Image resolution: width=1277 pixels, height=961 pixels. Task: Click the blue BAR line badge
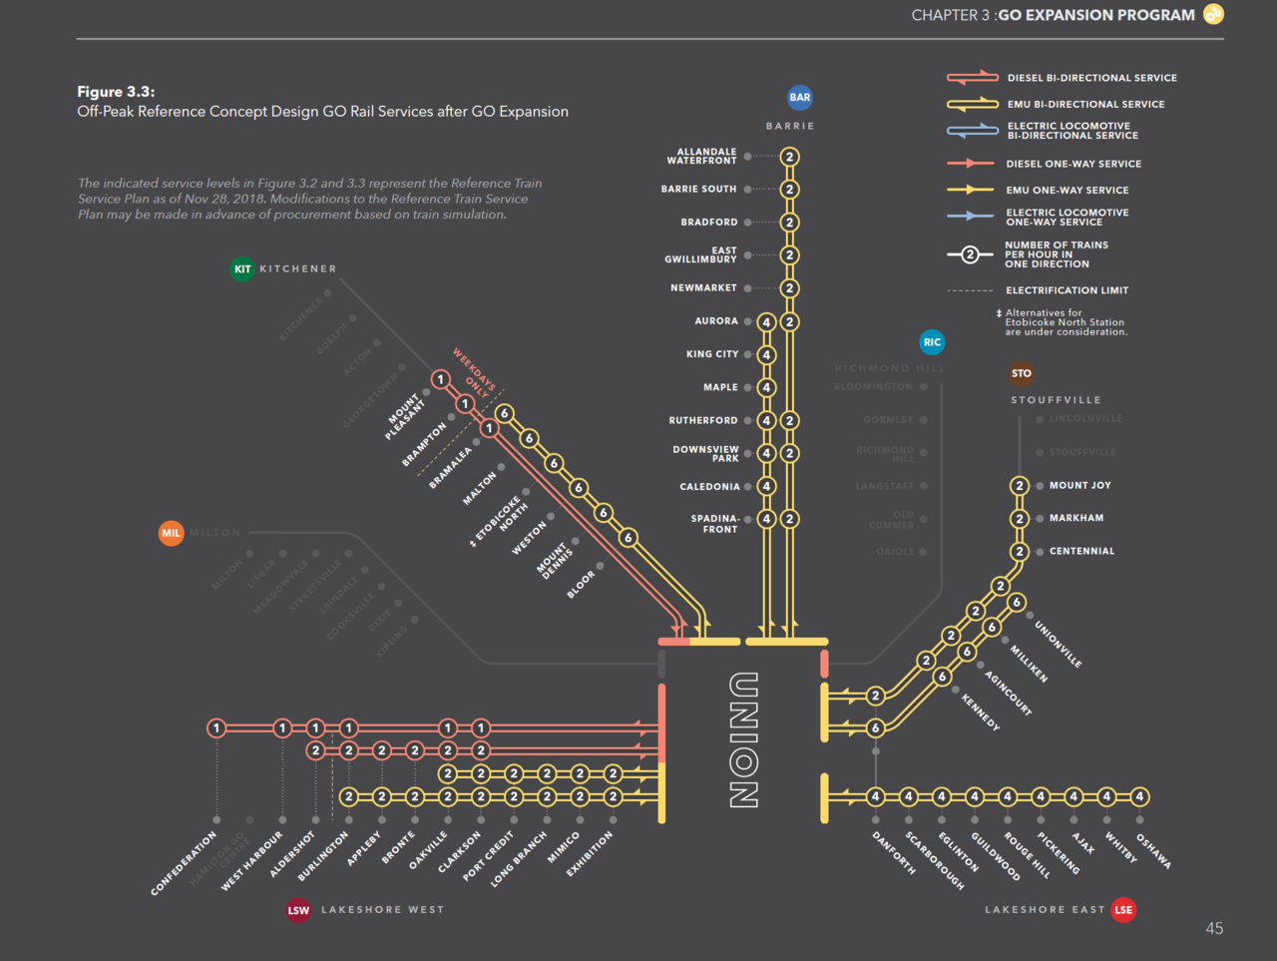click(800, 97)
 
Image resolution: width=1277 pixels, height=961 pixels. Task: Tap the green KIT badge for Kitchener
click(242, 268)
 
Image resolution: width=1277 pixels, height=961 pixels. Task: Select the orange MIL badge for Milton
click(172, 533)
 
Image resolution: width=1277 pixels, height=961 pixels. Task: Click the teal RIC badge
click(932, 342)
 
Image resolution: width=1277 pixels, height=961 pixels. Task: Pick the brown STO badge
click(1022, 373)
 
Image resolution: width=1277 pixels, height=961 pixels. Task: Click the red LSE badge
click(1123, 909)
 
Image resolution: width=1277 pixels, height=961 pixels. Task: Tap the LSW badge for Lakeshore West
click(298, 910)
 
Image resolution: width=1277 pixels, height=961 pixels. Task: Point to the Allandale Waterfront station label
click(701, 157)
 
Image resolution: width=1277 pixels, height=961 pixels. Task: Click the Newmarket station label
click(703, 288)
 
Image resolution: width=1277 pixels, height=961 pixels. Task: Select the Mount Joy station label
click(1079, 485)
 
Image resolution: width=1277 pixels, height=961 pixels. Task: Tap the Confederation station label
click(184, 863)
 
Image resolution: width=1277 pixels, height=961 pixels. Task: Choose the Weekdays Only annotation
click(473, 373)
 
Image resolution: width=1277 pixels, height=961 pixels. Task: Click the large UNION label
click(743, 739)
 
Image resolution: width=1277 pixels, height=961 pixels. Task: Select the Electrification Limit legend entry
click(1066, 290)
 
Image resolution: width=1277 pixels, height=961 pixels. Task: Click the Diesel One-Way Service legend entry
click(1073, 164)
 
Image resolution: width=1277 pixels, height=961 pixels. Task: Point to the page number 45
click(1214, 928)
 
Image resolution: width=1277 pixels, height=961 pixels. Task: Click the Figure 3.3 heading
click(116, 92)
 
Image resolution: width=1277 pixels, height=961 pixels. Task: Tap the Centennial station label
click(1081, 551)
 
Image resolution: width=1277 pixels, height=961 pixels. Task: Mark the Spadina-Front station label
click(714, 524)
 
